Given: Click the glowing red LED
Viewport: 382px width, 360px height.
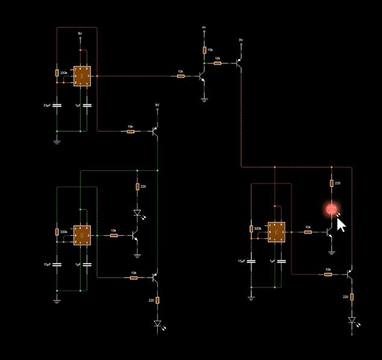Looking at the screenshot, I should pos(331,209).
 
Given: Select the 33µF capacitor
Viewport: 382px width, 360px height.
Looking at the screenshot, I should pos(57,105).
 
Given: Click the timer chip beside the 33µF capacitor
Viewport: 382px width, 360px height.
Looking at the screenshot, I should pos(82,76).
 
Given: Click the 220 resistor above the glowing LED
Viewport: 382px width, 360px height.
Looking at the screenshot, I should pos(331,183).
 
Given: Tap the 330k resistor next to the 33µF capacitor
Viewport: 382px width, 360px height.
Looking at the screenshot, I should pos(57,73).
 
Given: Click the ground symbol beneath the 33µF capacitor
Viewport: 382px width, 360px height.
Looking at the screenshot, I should pos(57,142).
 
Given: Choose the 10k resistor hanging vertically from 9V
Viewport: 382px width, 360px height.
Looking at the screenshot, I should pos(204,50).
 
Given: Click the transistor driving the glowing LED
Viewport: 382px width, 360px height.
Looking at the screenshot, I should pos(329,231).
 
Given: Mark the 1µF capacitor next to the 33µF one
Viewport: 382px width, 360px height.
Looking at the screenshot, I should pos(87,105).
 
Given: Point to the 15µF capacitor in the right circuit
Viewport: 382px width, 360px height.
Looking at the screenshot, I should pos(252,261).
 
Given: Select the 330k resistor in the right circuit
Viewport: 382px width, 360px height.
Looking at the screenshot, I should pos(252,229).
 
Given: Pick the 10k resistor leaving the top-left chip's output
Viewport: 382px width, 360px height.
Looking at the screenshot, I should pos(181,76).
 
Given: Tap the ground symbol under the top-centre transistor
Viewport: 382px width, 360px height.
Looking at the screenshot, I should pos(204,100).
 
